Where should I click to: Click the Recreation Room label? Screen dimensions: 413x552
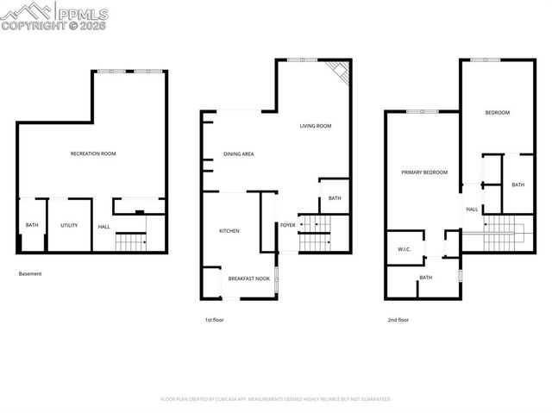(x=93, y=153)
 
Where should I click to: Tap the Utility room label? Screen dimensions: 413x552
(x=69, y=225)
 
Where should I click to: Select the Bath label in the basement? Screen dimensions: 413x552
(x=32, y=225)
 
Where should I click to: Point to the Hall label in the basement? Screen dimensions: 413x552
(x=103, y=227)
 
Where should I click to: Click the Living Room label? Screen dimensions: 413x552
(x=316, y=126)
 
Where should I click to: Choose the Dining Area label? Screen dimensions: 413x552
(x=238, y=154)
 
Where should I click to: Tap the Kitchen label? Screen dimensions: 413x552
(x=229, y=231)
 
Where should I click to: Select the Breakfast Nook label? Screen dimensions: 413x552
(x=248, y=278)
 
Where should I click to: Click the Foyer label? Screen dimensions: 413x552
(x=287, y=226)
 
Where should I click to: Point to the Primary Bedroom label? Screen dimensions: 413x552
(x=424, y=172)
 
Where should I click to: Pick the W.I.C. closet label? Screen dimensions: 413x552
(x=403, y=250)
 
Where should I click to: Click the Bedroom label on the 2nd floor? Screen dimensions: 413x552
(x=497, y=113)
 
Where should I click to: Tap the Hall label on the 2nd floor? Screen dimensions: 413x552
(x=472, y=209)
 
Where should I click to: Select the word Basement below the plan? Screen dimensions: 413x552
(x=30, y=274)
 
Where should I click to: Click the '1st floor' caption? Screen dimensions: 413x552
(x=215, y=320)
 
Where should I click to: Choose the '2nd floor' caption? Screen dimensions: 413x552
(x=398, y=320)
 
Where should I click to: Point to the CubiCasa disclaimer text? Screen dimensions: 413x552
(x=276, y=399)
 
